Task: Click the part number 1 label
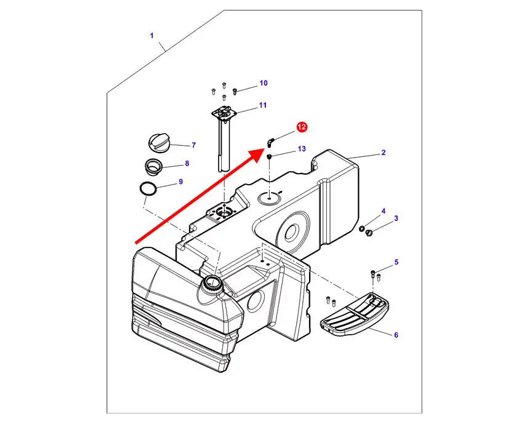click(151, 36)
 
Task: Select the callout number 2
click(383, 153)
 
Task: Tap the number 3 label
click(396, 218)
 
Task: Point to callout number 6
click(396, 335)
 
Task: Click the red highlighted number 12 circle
click(302, 127)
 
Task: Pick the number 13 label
click(302, 149)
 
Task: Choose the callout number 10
click(263, 83)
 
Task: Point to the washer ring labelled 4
click(362, 230)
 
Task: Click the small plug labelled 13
click(270, 158)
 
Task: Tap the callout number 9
click(180, 182)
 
